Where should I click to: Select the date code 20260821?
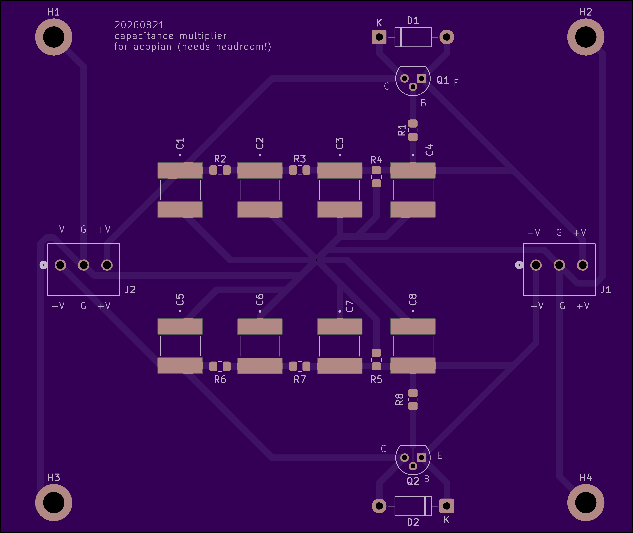click(x=139, y=25)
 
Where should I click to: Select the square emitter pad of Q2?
click(x=421, y=457)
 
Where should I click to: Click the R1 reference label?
click(x=401, y=130)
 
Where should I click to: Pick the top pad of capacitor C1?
click(x=180, y=170)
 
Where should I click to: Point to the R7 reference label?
click(x=300, y=379)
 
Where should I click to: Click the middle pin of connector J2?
click(x=84, y=265)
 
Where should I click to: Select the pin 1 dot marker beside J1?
click(x=519, y=265)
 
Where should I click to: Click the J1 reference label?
click(x=605, y=290)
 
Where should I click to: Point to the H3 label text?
click(x=54, y=478)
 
